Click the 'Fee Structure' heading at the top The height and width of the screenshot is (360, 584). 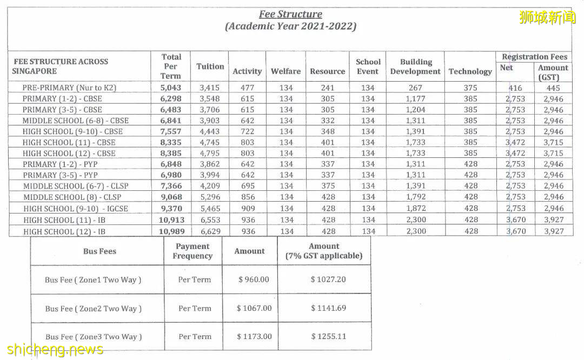click(x=290, y=15)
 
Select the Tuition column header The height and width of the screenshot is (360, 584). click(x=210, y=66)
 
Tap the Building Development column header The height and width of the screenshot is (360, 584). click(x=415, y=66)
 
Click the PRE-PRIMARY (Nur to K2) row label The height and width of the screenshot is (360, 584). click(x=69, y=88)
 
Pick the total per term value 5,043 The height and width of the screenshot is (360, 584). click(x=171, y=88)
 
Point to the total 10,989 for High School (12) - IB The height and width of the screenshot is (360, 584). click(x=171, y=231)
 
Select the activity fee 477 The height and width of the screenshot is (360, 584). click(x=247, y=88)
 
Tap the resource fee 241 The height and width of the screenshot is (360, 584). click(x=327, y=88)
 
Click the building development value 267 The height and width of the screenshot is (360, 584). click(x=415, y=88)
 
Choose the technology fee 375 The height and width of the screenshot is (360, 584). click(x=470, y=88)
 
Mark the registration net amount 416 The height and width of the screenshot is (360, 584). click(x=515, y=88)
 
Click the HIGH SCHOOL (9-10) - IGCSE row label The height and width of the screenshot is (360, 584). click(x=76, y=209)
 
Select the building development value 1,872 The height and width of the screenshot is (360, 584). click(x=415, y=209)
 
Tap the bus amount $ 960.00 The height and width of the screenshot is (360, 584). click(x=254, y=279)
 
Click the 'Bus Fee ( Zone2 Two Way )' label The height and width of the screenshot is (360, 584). click(x=94, y=309)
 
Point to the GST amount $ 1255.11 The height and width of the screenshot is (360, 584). click(x=328, y=336)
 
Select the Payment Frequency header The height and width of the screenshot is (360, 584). click(x=193, y=251)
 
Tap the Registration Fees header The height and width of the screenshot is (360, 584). click(x=534, y=57)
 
